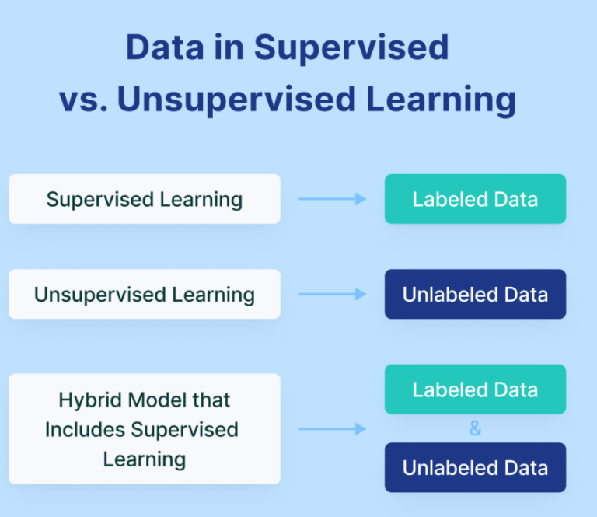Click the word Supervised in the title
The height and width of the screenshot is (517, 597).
pyautogui.click(x=351, y=47)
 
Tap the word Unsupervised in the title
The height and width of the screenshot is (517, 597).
pyautogui.click(x=236, y=100)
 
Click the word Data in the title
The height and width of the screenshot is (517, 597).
pyautogui.click(x=165, y=47)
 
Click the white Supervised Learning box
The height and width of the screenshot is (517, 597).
pyautogui.click(x=145, y=199)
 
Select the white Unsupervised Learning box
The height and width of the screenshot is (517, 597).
pyautogui.click(x=145, y=295)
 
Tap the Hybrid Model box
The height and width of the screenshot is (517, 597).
pyautogui.click(x=145, y=429)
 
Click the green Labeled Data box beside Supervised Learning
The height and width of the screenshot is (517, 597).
pyautogui.click(x=475, y=199)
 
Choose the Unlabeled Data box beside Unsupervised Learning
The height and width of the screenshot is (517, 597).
pyautogui.click(x=475, y=295)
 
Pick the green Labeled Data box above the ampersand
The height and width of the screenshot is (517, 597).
pyautogui.click(x=475, y=389)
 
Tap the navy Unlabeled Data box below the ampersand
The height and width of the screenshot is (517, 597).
pyautogui.click(x=475, y=467)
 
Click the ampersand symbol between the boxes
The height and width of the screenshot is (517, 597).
pyautogui.click(x=475, y=428)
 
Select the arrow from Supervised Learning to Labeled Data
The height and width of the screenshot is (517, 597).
pyautogui.click(x=333, y=199)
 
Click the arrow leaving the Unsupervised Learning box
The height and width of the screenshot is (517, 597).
pyautogui.click(x=333, y=294)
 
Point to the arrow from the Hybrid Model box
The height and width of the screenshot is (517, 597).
pyautogui.click(x=333, y=429)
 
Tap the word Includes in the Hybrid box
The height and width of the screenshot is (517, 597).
pyautogui.click(x=85, y=430)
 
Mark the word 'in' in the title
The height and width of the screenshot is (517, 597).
pyautogui.click(x=229, y=47)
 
